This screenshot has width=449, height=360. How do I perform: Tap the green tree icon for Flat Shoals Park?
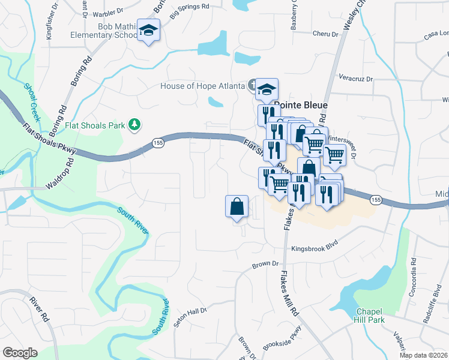tap(136, 125)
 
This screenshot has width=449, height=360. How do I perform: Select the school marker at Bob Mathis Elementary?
tap(148, 31)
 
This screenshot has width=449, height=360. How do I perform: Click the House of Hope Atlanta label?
tap(202, 86)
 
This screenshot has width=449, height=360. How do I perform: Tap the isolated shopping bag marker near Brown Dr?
tap(237, 207)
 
